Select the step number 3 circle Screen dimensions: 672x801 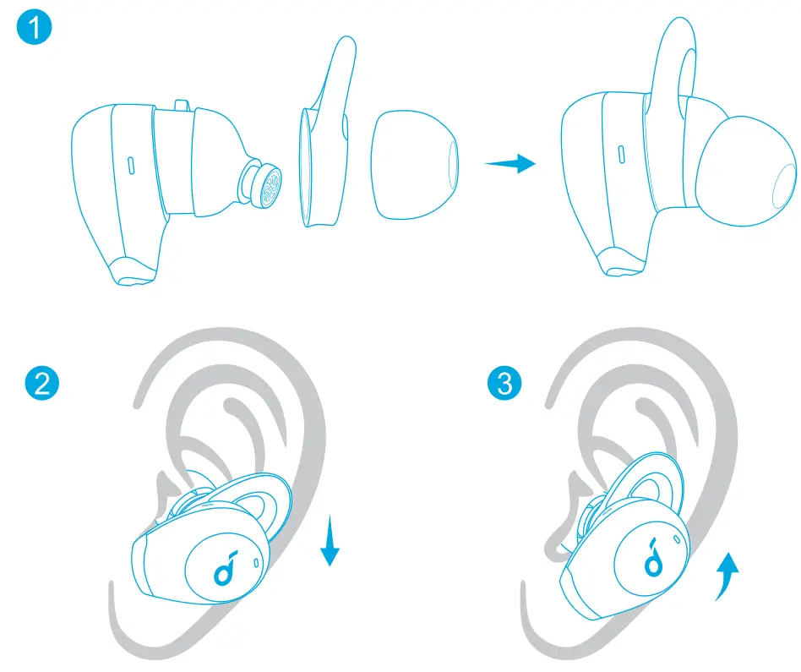[505, 385]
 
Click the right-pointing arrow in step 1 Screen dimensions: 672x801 [510, 163]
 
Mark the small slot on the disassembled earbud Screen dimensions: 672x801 [132, 164]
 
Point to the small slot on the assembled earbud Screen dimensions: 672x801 [621, 155]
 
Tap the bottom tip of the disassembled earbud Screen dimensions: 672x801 [135, 270]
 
